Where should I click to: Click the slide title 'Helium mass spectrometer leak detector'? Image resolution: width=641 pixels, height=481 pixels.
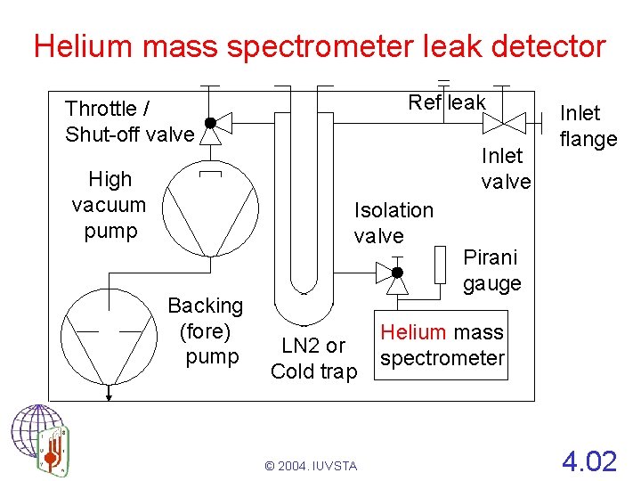pos(319,45)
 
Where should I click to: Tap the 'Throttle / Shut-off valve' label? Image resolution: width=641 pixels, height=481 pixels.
pos(129,122)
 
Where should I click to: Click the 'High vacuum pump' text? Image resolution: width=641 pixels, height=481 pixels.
pos(109,205)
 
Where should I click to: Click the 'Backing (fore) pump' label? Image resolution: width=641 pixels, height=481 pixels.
pos(206,330)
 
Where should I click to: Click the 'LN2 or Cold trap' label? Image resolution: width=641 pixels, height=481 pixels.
pos(313,358)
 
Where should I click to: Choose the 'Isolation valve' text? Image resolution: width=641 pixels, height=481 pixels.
pos(393,223)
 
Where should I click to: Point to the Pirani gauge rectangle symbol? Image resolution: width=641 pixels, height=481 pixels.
pos(439,263)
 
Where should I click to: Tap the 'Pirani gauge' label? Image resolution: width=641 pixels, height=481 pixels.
pos(491,271)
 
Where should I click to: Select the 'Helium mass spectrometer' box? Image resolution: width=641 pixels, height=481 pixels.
pos(442,345)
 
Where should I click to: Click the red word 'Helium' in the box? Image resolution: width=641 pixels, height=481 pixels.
pos(412,332)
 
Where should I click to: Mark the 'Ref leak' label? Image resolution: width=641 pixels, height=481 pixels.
pos(446,102)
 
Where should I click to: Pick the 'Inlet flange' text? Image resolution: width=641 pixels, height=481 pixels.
pos(587,126)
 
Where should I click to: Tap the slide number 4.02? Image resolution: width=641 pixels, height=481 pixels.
pos(588,461)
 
